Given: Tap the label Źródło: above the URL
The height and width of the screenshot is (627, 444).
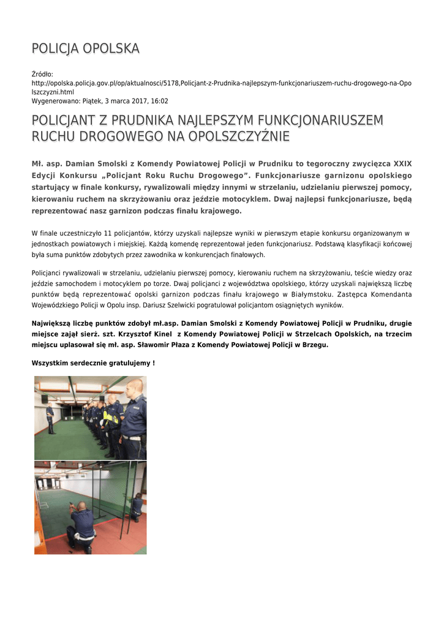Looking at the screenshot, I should (42, 73).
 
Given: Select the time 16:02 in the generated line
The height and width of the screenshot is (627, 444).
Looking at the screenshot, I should (160, 101).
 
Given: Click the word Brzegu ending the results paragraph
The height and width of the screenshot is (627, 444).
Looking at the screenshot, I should (314, 345).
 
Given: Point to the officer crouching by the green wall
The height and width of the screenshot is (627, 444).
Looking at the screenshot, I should (136, 506).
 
